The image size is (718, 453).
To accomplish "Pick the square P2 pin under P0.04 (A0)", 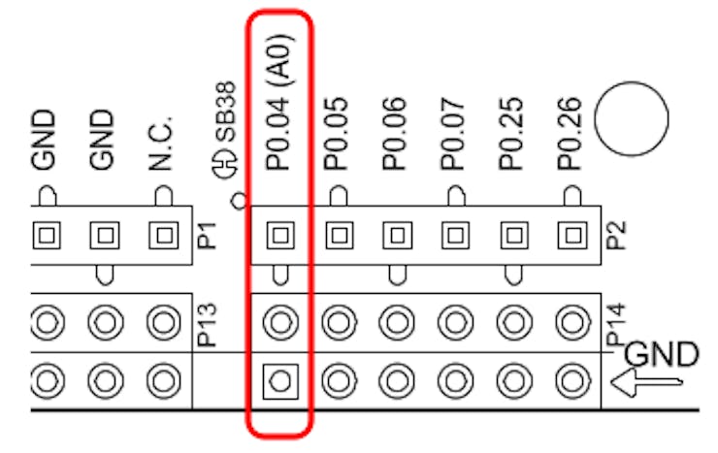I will pos(280,234).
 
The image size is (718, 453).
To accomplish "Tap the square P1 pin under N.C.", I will pos(162,234).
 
